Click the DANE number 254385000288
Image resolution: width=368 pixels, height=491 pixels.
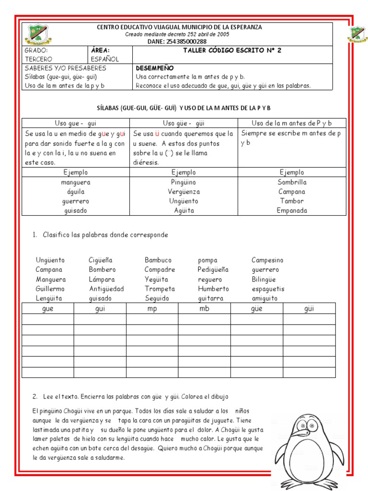click(180, 42)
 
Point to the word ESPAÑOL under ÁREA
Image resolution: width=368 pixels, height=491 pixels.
click(104, 59)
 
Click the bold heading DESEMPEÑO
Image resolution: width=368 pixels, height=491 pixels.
click(155, 68)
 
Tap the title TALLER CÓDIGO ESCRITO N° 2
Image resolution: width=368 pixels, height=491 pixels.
click(232, 50)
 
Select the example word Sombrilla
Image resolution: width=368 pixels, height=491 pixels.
click(292, 182)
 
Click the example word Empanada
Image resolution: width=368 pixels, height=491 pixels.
click(292, 210)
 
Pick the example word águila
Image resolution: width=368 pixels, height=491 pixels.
click(76, 192)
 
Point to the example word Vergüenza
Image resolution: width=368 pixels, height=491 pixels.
click(184, 192)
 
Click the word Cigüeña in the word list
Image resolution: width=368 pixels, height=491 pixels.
click(101, 260)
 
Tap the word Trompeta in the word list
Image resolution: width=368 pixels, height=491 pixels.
click(160, 289)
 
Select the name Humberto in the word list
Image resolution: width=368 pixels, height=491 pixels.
click(213, 289)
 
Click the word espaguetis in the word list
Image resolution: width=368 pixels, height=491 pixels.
click(268, 289)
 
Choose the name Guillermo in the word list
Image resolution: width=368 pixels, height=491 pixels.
click(50, 289)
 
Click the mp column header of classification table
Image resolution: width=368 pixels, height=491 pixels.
click(152, 308)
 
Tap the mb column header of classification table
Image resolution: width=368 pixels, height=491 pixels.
click(204, 308)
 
